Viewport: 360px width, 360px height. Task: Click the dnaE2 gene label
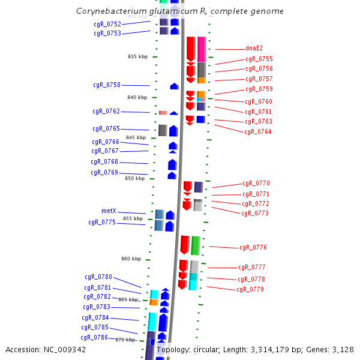(254, 49)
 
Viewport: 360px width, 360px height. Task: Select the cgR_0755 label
(259, 59)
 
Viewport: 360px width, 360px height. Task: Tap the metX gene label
(109, 211)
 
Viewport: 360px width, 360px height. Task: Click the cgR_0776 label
(253, 247)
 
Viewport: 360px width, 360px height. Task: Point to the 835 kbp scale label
(137, 56)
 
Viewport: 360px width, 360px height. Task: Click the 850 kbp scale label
(134, 178)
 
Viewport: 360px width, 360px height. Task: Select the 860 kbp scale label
(131, 259)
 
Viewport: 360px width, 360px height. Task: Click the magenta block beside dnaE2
(202, 49)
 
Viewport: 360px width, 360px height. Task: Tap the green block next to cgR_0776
(195, 245)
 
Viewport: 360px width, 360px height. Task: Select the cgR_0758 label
(106, 85)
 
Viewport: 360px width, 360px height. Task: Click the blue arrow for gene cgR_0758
(175, 86)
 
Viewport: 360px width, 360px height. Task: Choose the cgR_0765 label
(106, 128)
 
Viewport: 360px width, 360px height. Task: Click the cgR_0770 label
(256, 183)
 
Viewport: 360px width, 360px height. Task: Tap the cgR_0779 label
(250, 289)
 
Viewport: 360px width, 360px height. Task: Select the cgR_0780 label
(98, 277)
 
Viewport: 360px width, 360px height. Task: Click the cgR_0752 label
(107, 24)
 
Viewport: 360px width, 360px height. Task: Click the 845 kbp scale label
(136, 137)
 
